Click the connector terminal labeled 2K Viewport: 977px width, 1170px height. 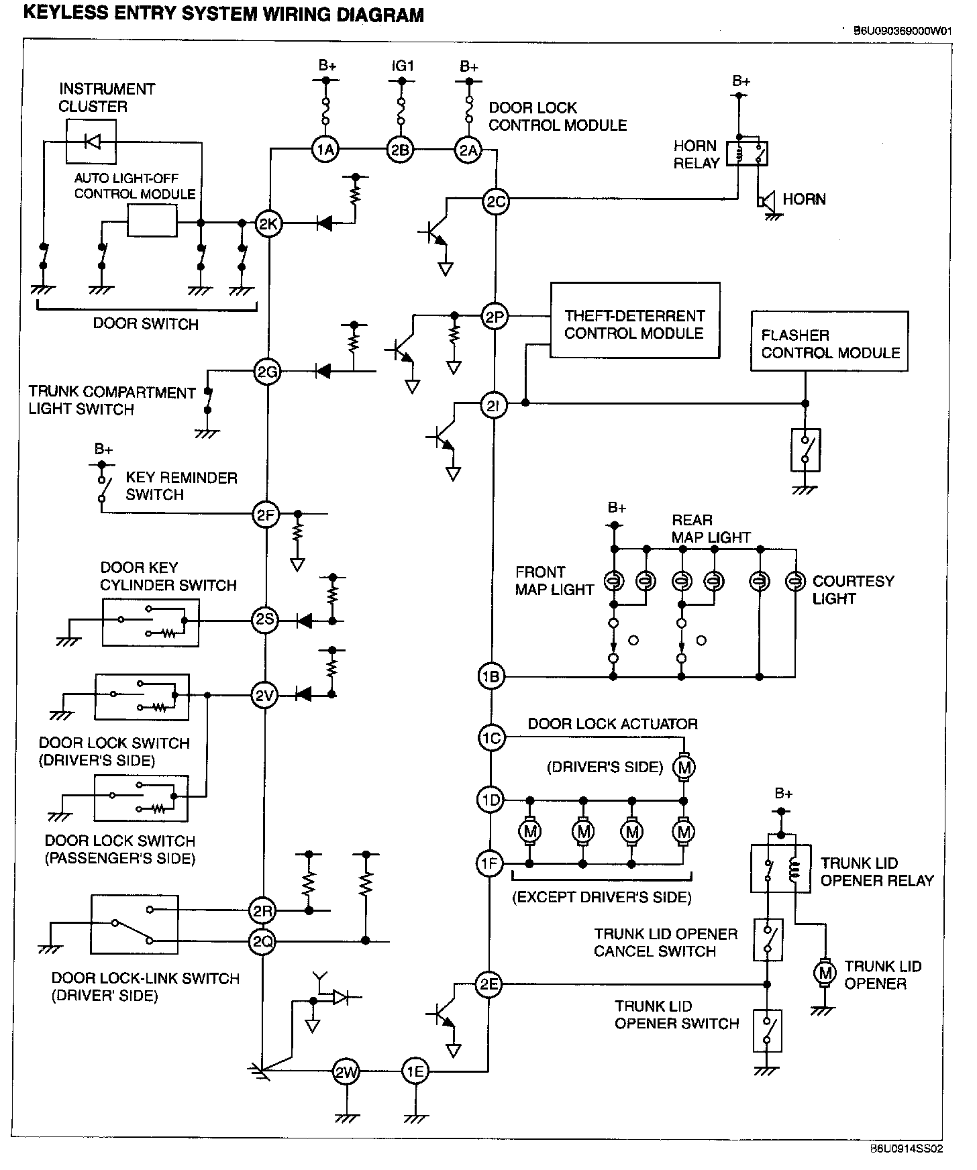pyautogui.click(x=268, y=224)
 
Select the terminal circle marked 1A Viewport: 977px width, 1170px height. pyautogui.click(x=325, y=150)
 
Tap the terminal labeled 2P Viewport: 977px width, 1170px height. pyautogui.click(x=495, y=317)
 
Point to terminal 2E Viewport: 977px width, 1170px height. pyautogui.click(x=488, y=984)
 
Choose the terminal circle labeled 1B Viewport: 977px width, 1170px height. pyautogui.click(x=491, y=676)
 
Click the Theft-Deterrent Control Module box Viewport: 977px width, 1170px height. pyautogui.click(x=635, y=321)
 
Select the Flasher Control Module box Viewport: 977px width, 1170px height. pyautogui.click(x=829, y=341)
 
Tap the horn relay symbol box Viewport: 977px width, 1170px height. pyautogui.click(x=751, y=154)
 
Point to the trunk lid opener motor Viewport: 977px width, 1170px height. pyautogui.click(x=824, y=972)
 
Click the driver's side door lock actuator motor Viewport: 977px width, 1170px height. pyautogui.click(x=684, y=767)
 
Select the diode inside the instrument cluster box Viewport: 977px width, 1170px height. pyautogui.click(x=92, y=142)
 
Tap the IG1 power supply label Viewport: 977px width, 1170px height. pyautogui.click(x=403, y=66)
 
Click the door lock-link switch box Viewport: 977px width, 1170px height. pyautogui.click(x=135, y=924)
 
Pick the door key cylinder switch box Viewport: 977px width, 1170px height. pyautogui.click(x=150, y=623)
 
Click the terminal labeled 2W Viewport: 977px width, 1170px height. pyautogui.click(x=346, y=1071)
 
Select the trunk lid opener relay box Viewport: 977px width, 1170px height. pyautogui.click(x=780, y=868)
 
